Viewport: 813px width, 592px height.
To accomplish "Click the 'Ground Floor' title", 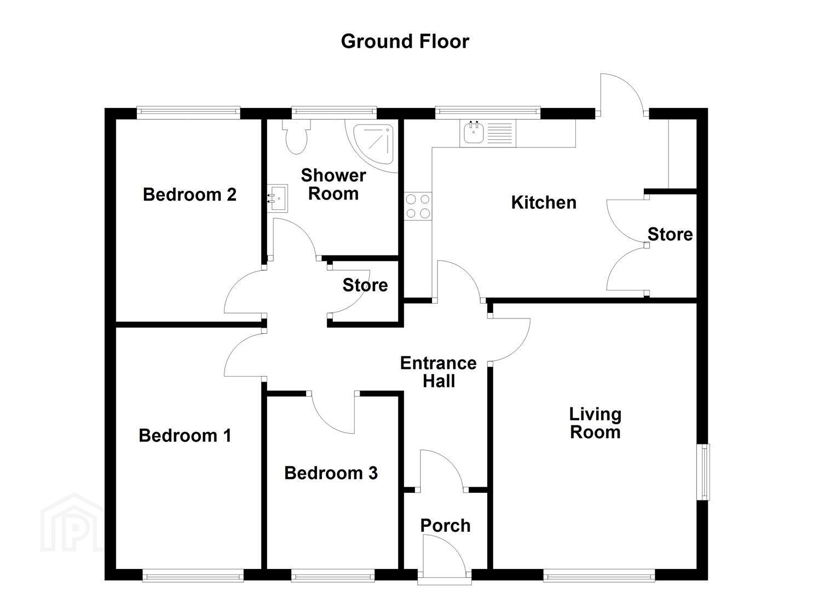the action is coord(405,42).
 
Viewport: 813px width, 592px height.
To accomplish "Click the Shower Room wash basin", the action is coord(278,198).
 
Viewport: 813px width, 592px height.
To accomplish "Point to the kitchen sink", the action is coord(487,133).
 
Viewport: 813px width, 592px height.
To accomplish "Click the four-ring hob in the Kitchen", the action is coord(418,206).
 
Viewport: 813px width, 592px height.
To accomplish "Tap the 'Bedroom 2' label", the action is coord(189,195).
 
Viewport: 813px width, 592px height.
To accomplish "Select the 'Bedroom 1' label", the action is coord(185,435).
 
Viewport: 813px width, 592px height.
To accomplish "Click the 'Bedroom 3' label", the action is coord(331,473).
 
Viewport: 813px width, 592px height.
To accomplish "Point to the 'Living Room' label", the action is coord(595,423).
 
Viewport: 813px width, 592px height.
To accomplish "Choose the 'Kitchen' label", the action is coord(544,202).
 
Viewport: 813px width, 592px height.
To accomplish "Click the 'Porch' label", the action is coord(445,526).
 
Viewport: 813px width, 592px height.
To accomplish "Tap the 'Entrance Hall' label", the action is coord(439,372).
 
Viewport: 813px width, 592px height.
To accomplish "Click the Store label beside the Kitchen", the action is coord(670,235).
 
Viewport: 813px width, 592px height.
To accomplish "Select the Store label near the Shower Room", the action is coord(365,285).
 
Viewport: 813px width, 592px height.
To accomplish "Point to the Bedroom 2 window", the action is coord(188,113).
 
